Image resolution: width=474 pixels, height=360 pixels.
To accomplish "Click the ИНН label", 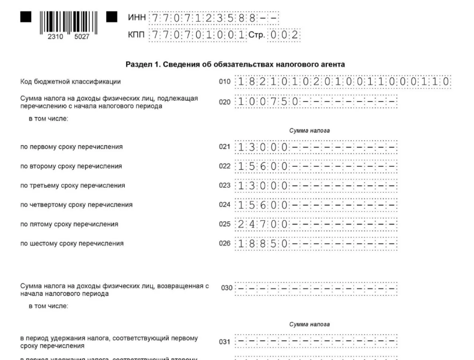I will tap(136, 17).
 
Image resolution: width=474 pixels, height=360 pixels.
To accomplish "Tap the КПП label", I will tap(136, 35).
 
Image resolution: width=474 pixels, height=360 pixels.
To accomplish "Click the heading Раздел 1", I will tap(235, 64).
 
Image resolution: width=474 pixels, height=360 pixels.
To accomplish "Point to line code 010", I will tap(224, 82).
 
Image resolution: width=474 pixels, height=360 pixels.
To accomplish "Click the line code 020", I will tap(224, 102).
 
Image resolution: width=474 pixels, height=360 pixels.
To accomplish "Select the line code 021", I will tap(224, 147).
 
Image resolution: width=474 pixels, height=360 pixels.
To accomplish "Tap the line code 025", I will tap(224, 224).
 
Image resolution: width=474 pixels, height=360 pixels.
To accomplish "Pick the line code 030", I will tap(226, 288).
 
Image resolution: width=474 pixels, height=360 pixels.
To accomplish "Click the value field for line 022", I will tap(316, 166).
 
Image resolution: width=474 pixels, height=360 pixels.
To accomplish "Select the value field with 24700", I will tap(316, 224).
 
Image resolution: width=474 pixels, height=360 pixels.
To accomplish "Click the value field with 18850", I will tap(316, 244).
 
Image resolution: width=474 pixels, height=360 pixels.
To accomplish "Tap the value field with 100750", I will tap(316, 101).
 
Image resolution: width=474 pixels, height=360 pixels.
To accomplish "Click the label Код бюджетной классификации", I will tap(71, 82).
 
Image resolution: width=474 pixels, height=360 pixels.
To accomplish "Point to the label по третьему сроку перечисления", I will tap(73, 185).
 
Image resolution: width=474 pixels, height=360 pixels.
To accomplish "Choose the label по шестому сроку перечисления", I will tap(72, 244).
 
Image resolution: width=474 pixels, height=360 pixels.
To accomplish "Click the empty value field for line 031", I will tap(316, 342).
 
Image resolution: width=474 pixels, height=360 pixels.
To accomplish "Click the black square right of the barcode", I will tap(112, 17).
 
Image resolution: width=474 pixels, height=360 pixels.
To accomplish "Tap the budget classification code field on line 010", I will tap(343, 82).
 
